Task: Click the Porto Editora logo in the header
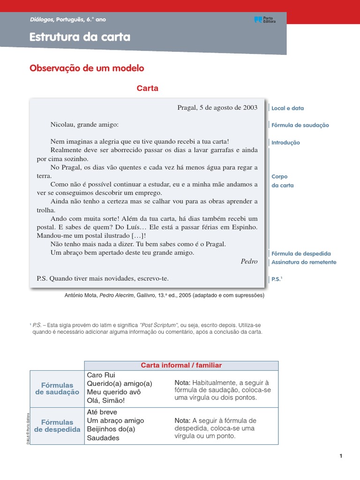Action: [265, 20]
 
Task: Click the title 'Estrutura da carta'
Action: [80, 37]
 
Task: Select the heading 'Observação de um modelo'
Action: [87, 68]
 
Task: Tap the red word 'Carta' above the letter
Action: [147, 88]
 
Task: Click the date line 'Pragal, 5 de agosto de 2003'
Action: [217, 107]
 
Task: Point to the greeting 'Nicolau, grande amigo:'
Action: [84, 125]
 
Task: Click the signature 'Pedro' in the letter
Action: [249, 261]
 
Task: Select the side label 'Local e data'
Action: [287, 108]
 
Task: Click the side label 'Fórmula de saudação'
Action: [300, 125]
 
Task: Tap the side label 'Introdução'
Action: [285, 142]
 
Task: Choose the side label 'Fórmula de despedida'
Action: [301, 253]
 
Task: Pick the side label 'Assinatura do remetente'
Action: [304, 262]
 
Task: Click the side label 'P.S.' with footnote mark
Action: [277, 279]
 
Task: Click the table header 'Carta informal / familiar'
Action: [181, 365]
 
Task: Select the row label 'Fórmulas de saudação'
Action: [57, 389]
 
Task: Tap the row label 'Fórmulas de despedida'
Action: [57, 426]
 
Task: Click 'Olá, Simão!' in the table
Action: [106, 400]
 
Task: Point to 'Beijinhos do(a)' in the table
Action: [111, 429]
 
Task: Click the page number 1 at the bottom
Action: [341, 456]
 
